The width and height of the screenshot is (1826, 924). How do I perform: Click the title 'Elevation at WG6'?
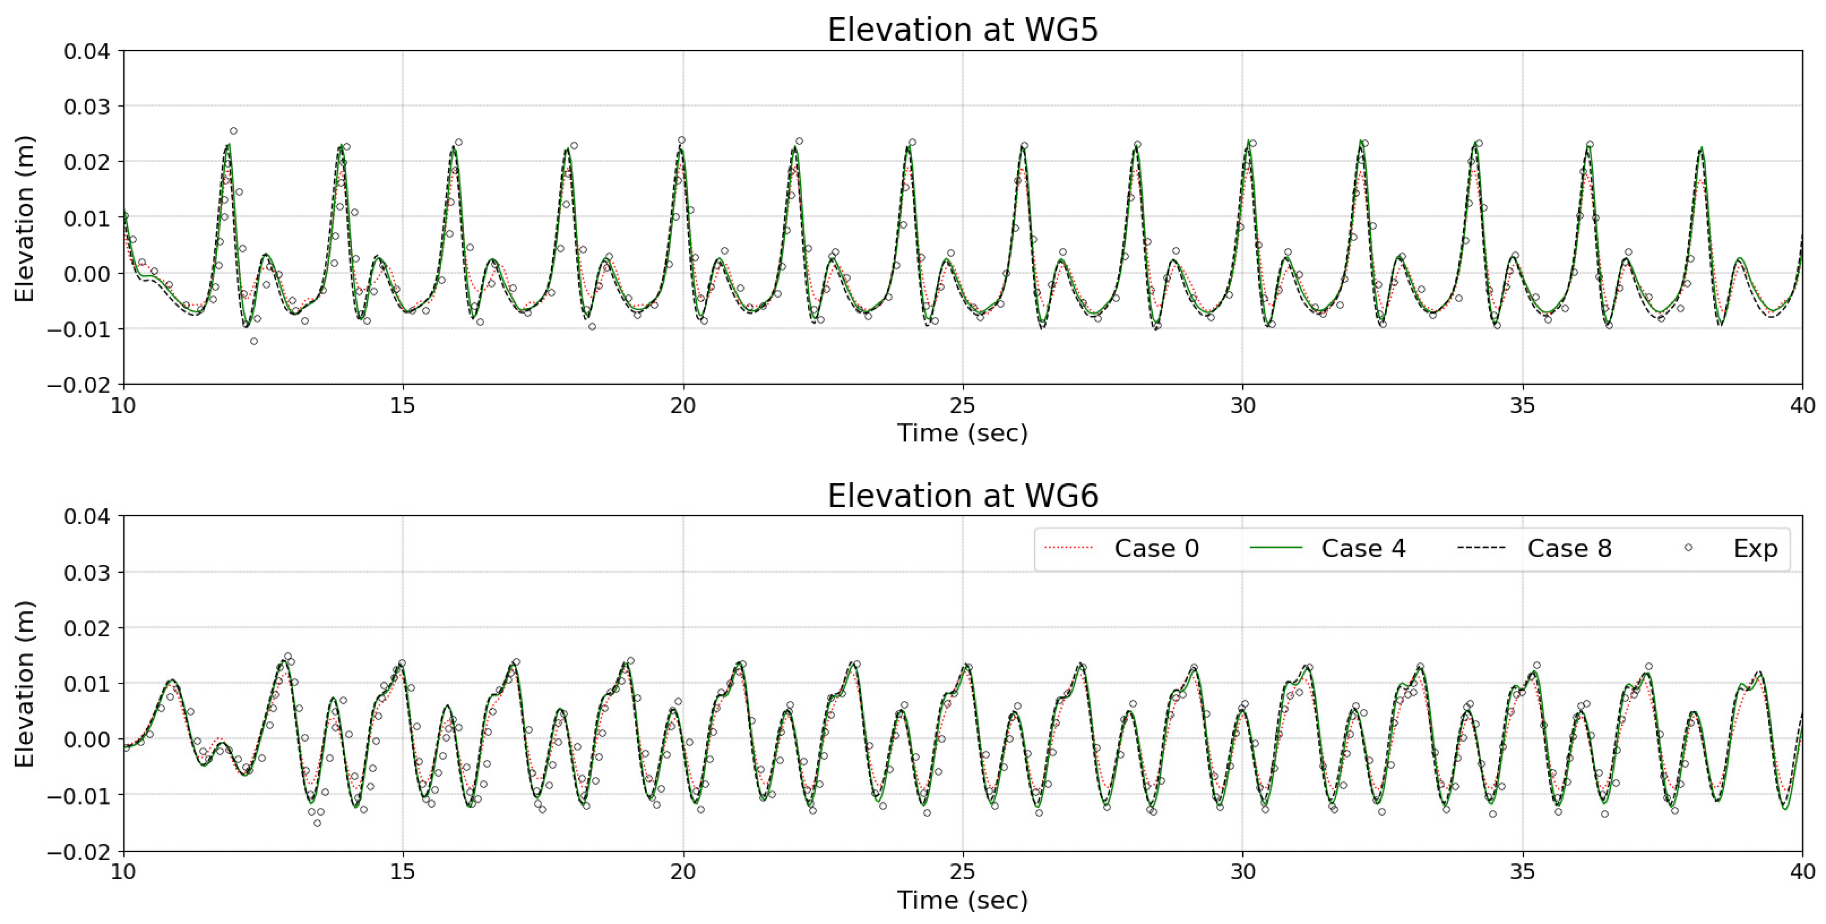tap(963, 496)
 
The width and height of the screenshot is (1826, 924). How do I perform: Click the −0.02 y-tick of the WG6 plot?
tap(79, 852)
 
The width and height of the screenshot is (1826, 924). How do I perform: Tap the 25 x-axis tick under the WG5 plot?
tap(963, 406)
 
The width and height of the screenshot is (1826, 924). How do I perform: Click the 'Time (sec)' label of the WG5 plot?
tap(963, 433)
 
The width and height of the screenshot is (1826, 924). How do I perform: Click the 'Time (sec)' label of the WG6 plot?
tap(963, 900)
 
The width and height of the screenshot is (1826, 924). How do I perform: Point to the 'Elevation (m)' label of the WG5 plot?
tap(25, 218)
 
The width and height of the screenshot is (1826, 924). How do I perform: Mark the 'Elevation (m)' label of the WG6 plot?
tap(25, 684)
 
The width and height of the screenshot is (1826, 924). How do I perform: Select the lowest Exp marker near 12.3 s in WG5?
tap(254, 341)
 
